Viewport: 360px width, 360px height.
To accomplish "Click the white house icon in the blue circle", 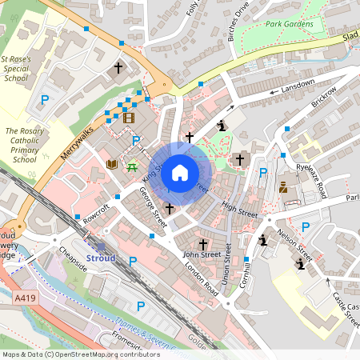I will [180, 172].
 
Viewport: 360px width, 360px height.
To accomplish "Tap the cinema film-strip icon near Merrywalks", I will [129, 118].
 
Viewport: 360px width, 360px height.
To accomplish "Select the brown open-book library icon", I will [112, 164].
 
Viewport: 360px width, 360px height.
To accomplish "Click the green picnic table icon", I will [132, 166].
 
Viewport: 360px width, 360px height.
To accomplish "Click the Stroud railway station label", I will [100, 258].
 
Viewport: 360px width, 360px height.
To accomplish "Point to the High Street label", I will [239, 210].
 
